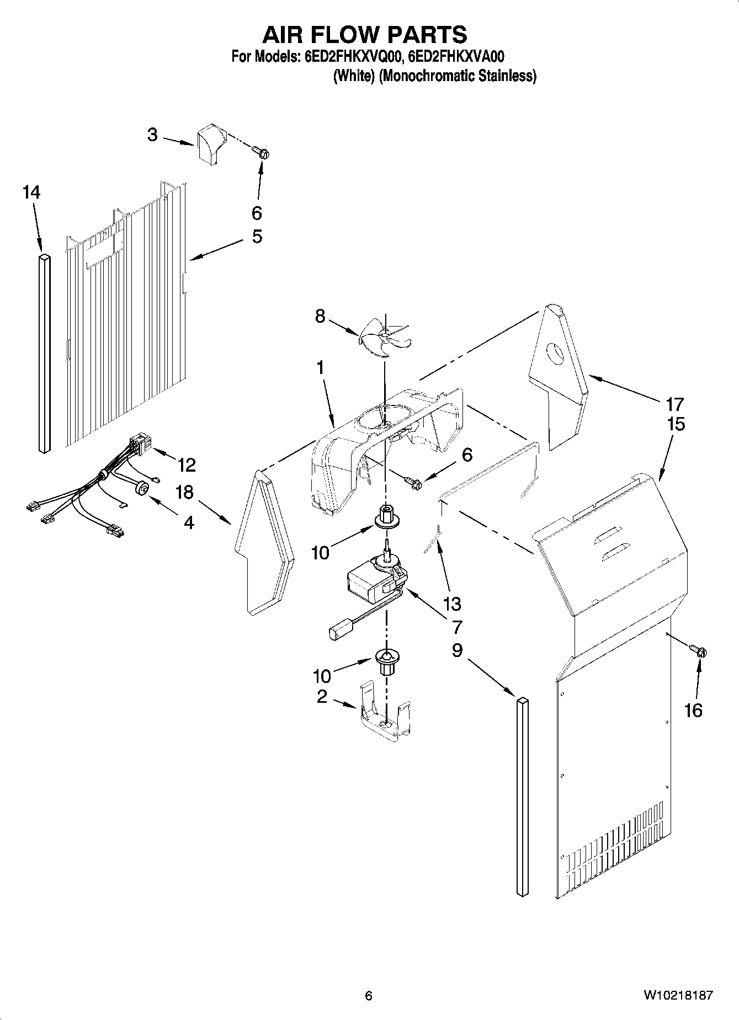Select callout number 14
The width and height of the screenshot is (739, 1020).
coord(31,193)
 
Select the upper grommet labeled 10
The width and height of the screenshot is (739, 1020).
coord(386,516)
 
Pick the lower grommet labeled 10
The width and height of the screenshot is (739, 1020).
coord(386,660)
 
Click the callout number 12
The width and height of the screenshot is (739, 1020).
coord(187,465)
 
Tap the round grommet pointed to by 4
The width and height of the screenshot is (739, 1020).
coord(143,488)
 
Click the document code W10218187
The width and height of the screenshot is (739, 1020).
coord(678,995)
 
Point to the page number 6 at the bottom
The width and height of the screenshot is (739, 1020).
coord(369,995)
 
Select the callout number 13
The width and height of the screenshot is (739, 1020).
coord(452,604)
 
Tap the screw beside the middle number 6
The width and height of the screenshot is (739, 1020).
coord(413,483)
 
